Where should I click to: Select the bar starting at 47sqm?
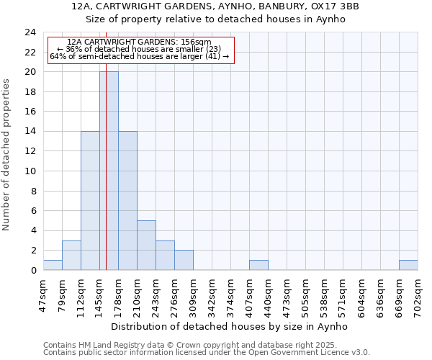[53, 265]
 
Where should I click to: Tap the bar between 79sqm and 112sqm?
[71, 255]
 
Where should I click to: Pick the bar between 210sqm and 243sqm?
[146, 245]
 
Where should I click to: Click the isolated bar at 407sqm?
[258, 265]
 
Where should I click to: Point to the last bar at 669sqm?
[408, 265]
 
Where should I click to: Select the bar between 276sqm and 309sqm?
[184, 260]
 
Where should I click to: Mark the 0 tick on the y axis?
[33, 270]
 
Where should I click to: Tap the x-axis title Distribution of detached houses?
[230, 326]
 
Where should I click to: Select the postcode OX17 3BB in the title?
[333, 6]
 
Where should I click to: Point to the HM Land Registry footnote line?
[206, 345]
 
